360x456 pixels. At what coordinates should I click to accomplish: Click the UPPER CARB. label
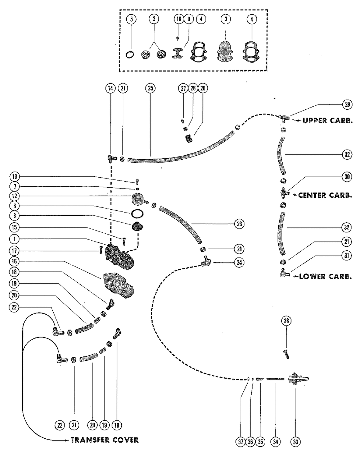tap(328, 120)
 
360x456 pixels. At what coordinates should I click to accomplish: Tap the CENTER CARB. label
tap(325, 195)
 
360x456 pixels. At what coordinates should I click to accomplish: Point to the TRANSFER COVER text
tap(105, 440)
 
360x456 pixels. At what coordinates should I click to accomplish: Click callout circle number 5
tap(131, 19)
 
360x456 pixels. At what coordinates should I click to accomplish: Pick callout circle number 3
tap(226, 19)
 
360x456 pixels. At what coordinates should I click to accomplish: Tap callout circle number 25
tap(150, 88)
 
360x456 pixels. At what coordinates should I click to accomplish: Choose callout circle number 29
tap(347, 104)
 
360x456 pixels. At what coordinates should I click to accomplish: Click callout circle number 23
tap(239, 224)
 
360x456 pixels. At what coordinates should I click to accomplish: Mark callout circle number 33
tap(296, 442)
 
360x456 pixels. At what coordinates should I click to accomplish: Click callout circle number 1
tap(14, 239)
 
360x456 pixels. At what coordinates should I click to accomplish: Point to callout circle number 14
tap(111, 88)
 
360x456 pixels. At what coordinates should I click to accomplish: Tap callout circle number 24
tap(239, 263)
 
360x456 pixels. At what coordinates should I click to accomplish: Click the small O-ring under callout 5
tap(130, 55)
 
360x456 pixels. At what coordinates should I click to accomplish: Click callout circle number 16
tap(14, 261)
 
